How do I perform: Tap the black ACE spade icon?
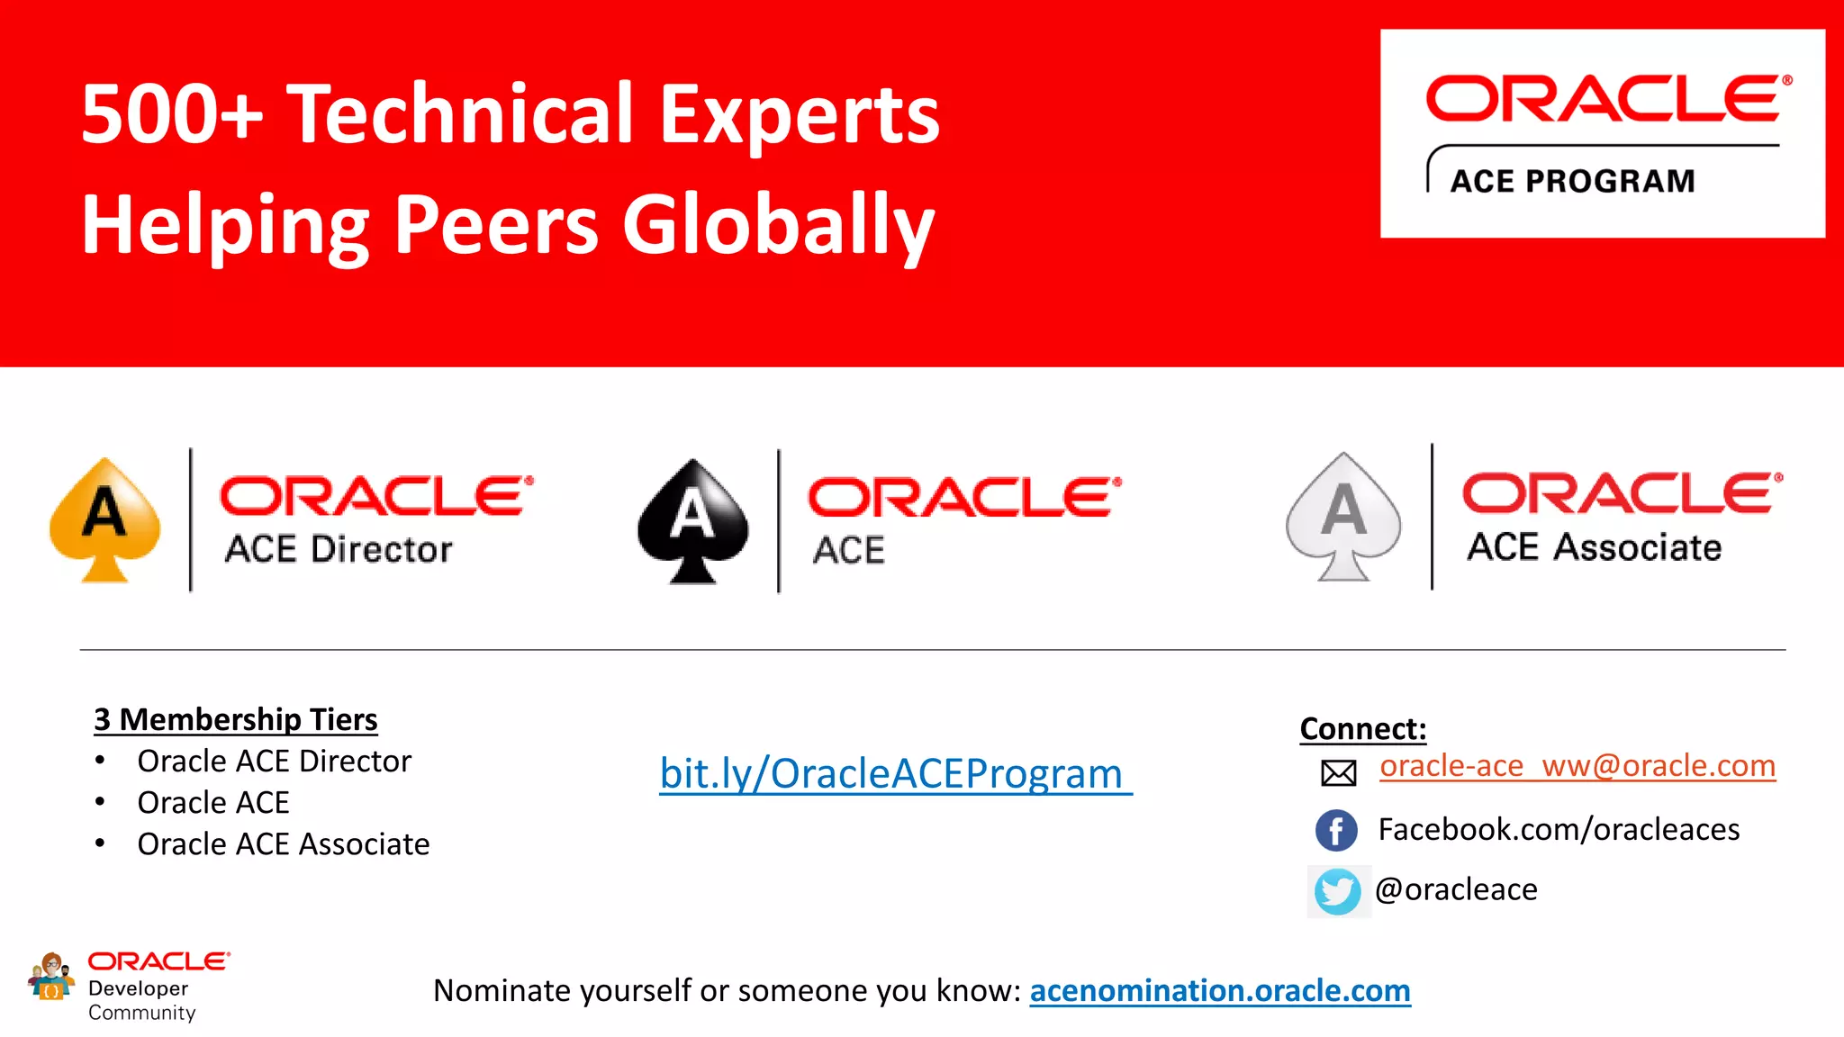(x=692, y=520)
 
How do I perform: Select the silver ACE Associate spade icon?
(x=1343, y=517)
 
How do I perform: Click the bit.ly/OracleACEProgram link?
(x=895, y=774)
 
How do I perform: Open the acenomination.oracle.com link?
(x=1220, y=990)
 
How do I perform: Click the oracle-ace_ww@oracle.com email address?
(x=1577, y=766)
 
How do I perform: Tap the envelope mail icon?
(x=1338, y=772)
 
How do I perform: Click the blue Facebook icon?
(x=1336, y=830)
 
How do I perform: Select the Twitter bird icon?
(x=1338, y=891)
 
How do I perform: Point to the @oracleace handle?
(x=1456, y=889)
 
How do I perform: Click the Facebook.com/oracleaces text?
(x=1559, y=829)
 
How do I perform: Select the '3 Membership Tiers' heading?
(x=236, y=719)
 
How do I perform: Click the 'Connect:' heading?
(x=1363, y=728)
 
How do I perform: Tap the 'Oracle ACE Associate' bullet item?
(x=283, y=844)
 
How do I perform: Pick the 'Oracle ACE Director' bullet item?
(x=274, y=762)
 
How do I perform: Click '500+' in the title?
(x=172, y=114)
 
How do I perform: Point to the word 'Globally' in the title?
(x=778, y=225)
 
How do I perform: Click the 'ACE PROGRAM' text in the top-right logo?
(x=1572, y=181)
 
